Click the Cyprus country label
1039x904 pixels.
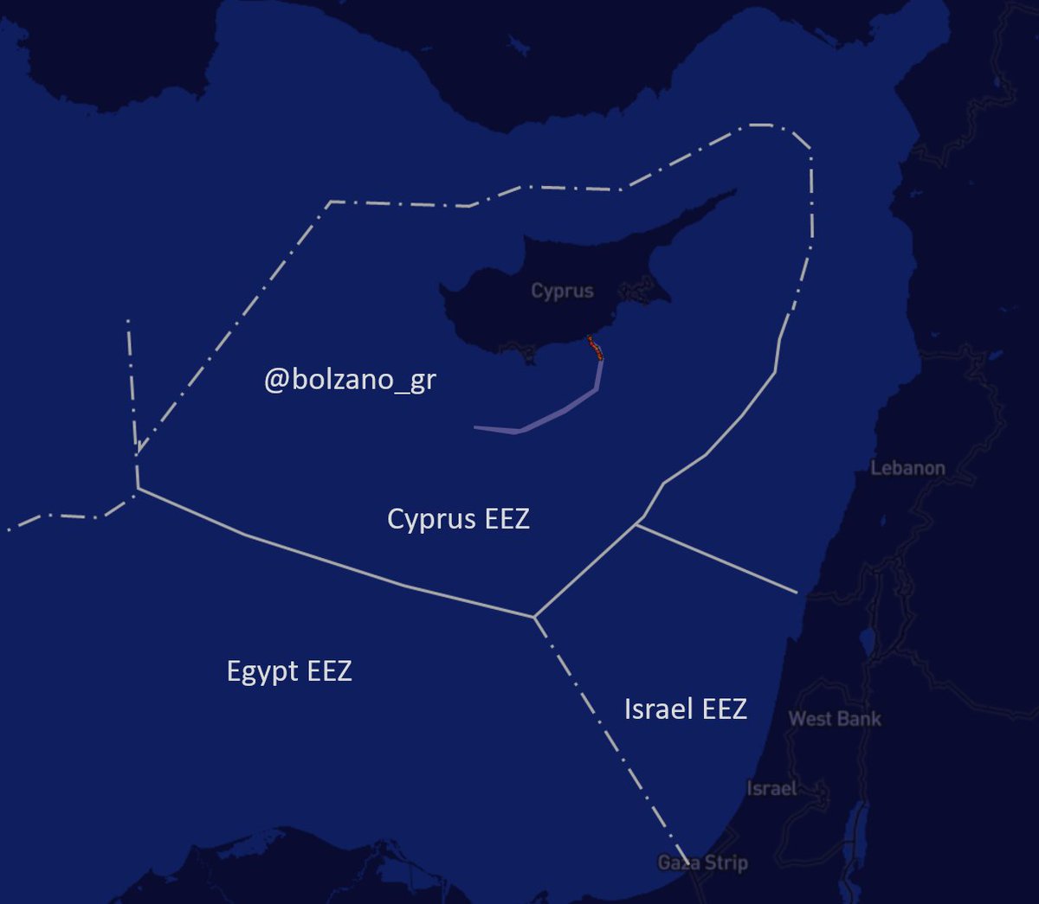tap(562, 292)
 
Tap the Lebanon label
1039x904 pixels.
tap(907, 468)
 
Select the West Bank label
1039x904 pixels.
tap(835, 718)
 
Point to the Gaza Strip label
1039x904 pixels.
tap(703, 862)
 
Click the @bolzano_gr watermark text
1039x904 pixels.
tap(350, 380)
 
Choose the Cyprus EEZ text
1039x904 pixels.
tap(458, 519)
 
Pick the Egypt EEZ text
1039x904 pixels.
tap(289, 671)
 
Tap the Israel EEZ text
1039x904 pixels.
tap(685, 709)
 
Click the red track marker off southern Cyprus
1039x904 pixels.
tap(595, 347)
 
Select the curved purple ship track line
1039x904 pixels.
tap(563, 409)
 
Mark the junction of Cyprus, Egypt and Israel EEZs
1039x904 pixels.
tap(534, 617)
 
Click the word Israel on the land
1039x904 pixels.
tap(771, 789)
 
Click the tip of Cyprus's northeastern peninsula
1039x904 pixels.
tap(735, 191)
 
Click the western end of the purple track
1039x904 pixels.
tap(476, 427)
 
